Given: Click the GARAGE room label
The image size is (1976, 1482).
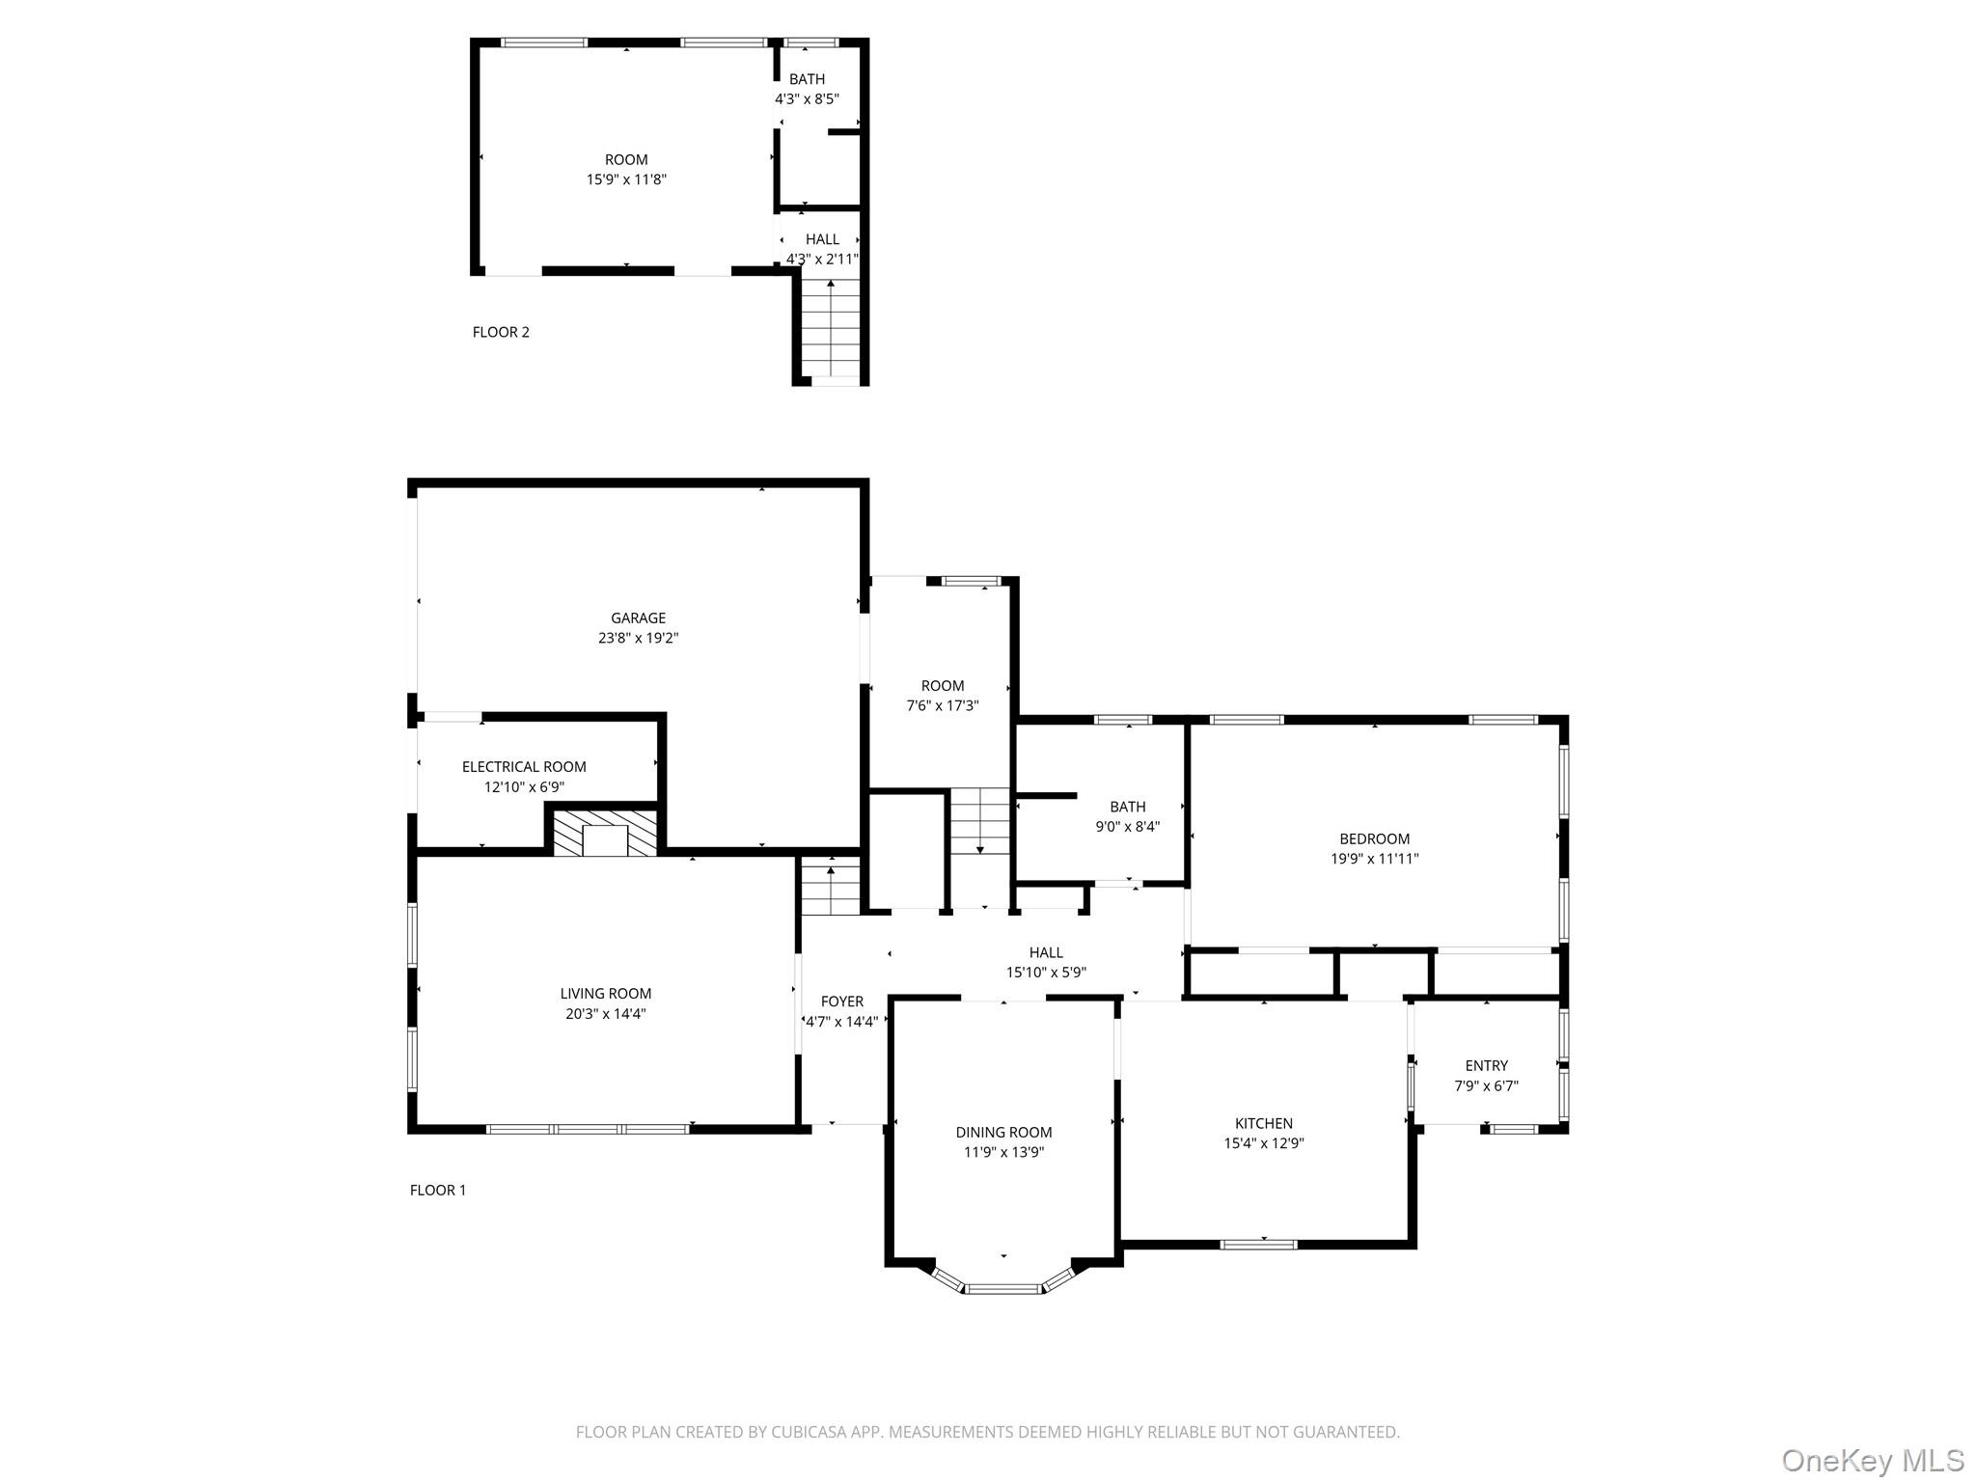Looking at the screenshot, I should click(x=638, y=617).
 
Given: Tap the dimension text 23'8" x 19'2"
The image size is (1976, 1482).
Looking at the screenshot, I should click(x=638, y=638).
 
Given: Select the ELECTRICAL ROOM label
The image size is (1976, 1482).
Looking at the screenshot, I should click(x=524, y=767).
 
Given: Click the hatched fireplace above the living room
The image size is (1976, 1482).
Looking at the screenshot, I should click(x=605, y=833).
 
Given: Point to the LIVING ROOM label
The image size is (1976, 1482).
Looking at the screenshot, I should click(x=605, y=994).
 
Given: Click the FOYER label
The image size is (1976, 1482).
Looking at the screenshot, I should click(x=841, y=1002).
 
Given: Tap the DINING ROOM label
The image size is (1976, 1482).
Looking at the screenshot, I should click(x=1003, y=1132).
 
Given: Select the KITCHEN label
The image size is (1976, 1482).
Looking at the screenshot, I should click(x=1263, y=1123).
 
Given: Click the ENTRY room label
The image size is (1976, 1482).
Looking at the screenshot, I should click(x=1486, y=1065).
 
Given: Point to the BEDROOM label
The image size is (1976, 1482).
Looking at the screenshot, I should click(x=1374, y=838).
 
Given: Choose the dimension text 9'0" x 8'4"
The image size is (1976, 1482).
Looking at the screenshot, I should click(x=1127, y=826).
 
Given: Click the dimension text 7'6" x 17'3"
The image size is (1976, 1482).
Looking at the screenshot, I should click(x=942, y=705).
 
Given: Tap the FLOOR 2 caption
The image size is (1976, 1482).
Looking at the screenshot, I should click(x=501, y=332).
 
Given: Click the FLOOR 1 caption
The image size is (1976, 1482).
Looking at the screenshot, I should click(x=437, y=1190).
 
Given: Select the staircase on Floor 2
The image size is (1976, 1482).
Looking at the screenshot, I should click(x=831, y=328).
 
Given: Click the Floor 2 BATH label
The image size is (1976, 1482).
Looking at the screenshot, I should click(x=807, y=79).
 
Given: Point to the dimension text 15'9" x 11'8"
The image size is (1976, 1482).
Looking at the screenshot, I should click(x=626, y=179).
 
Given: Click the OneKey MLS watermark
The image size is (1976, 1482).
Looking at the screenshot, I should click(x=1872, y=1460).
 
